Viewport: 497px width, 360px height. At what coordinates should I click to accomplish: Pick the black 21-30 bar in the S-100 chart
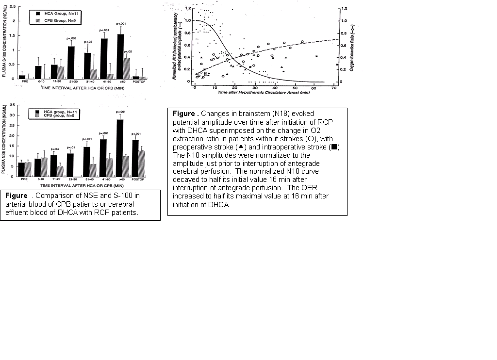coord(70,63)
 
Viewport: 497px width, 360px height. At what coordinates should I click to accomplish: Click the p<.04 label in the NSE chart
coord(53,149)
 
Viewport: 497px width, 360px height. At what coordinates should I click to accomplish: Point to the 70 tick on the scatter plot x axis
coord(334,87)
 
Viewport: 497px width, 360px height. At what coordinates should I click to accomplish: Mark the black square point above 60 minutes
coord(316,57)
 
